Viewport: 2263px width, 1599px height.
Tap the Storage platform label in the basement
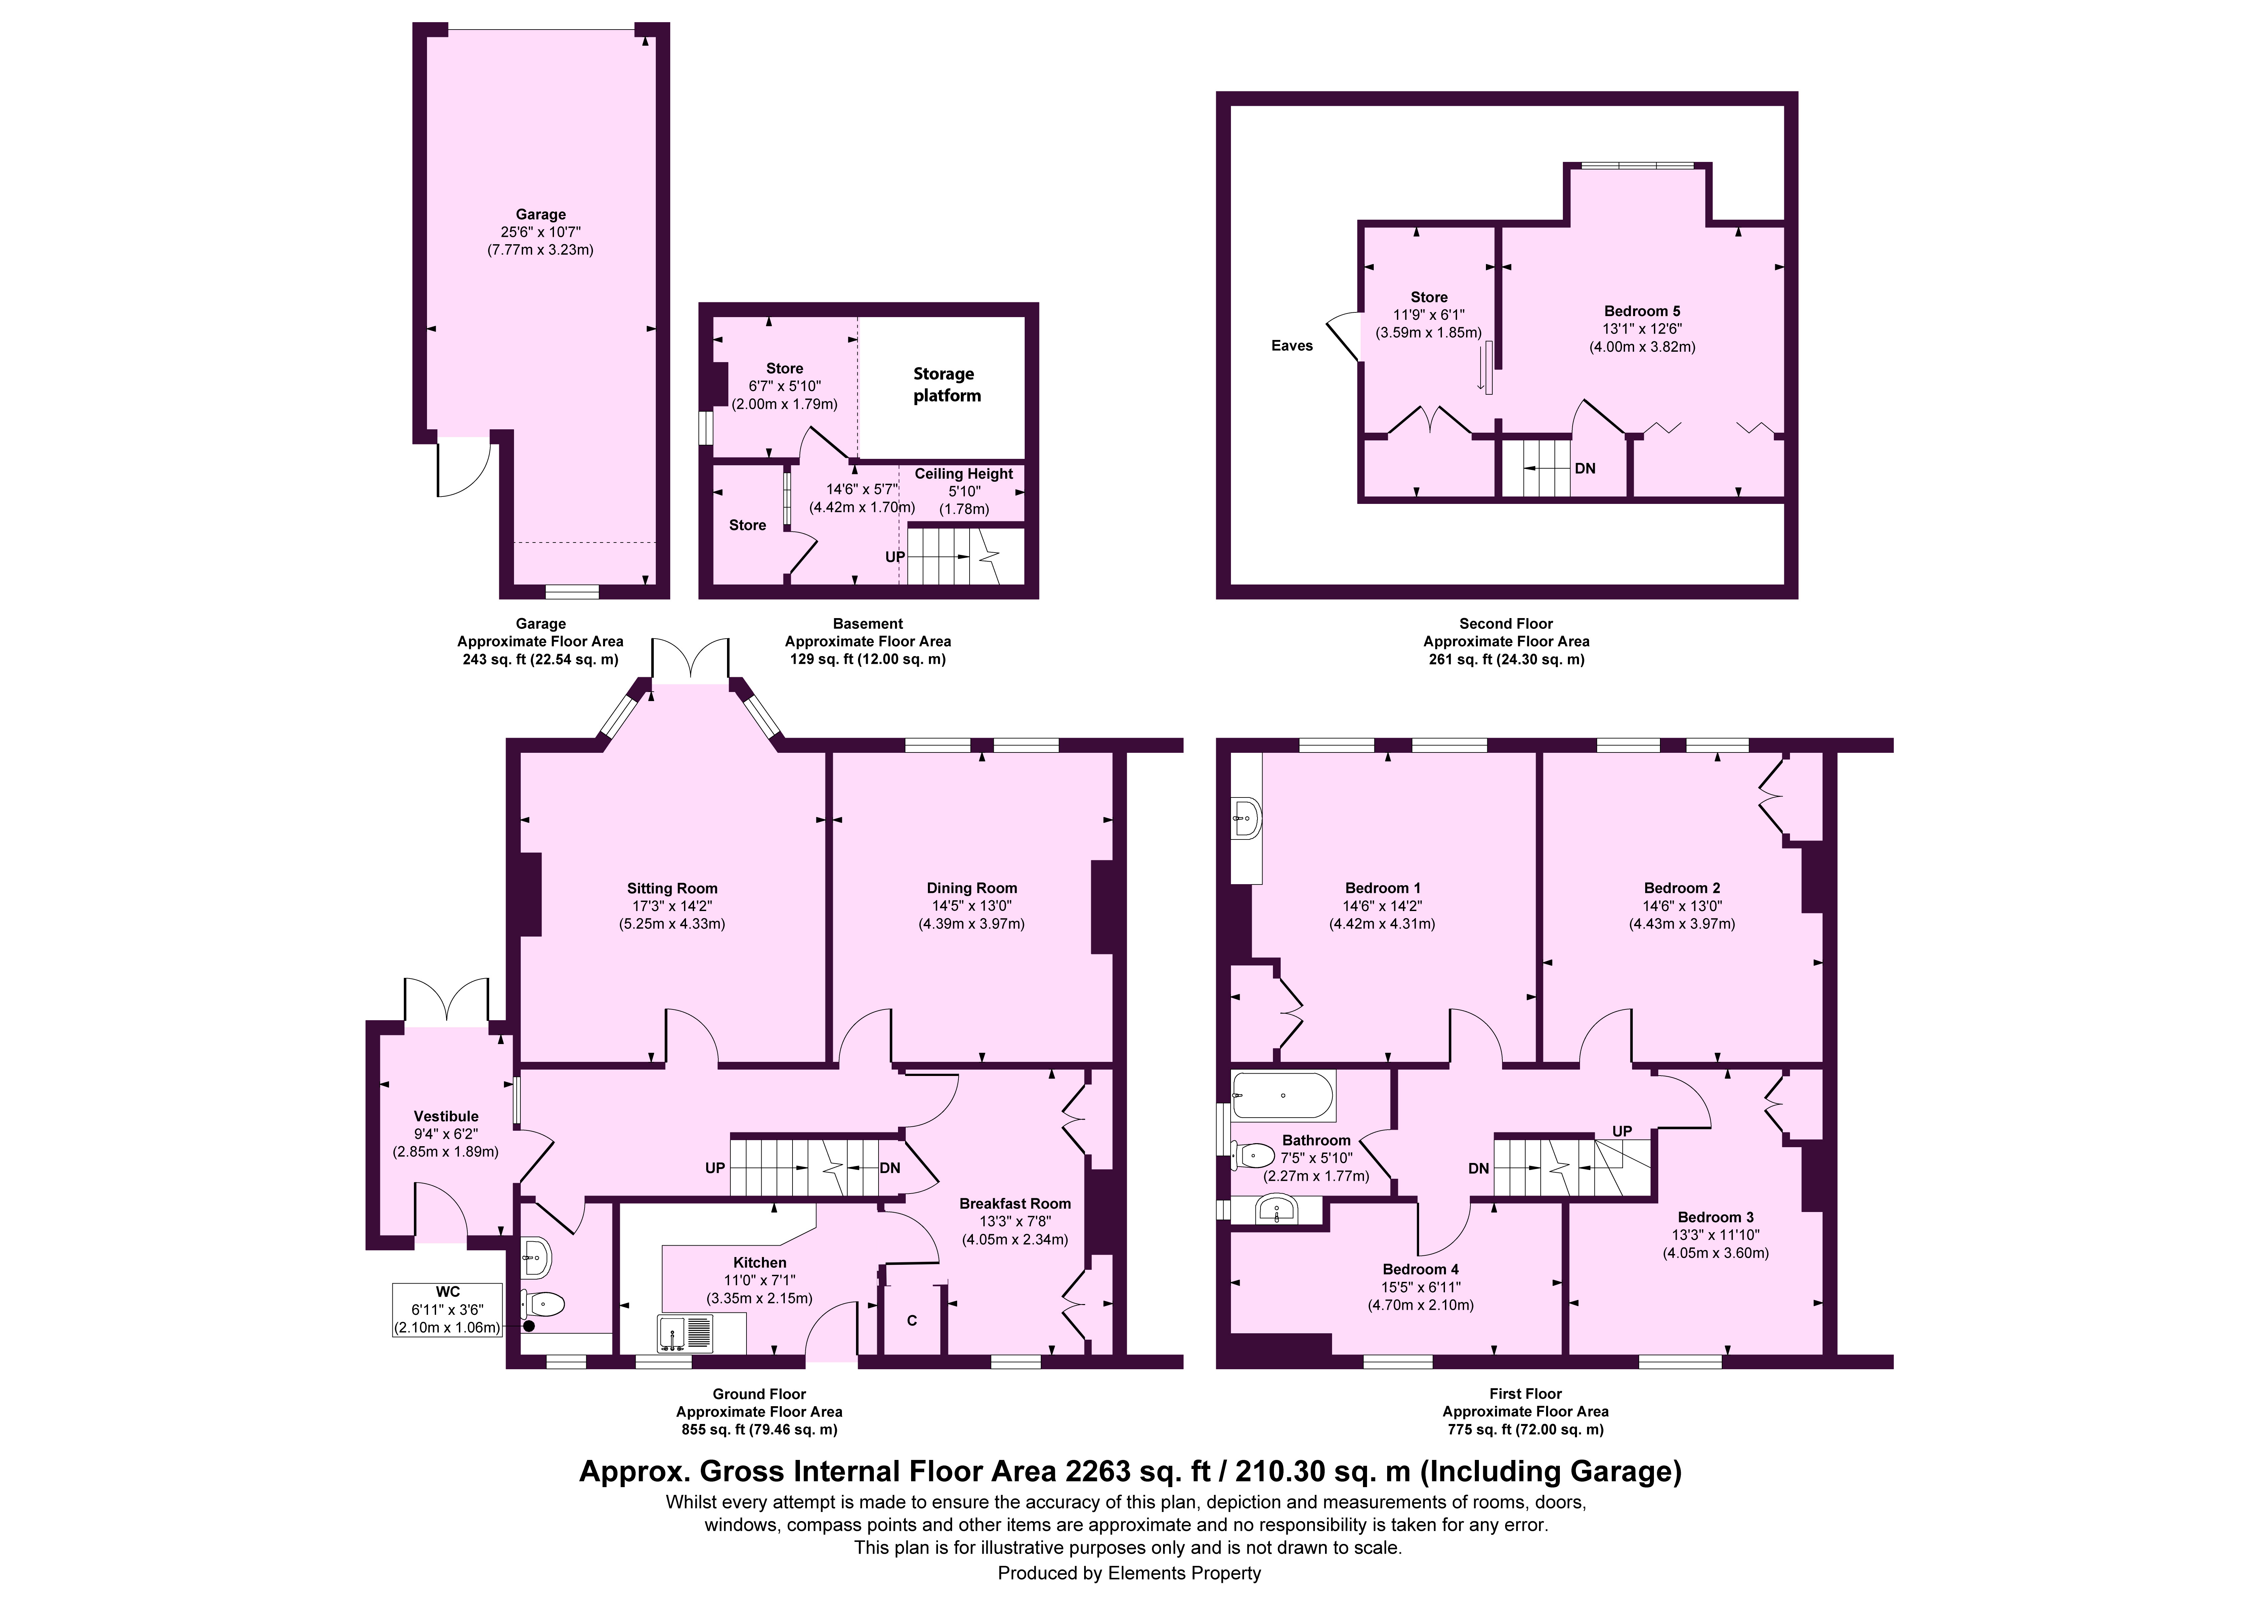[x=946, y=385]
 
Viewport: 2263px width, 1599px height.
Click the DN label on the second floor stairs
[x=1585, y=468]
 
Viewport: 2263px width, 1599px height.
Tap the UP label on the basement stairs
[x=895, y=557]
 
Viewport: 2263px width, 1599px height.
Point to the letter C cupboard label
[x=912, y=1320]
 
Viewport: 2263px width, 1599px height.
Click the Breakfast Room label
[x=1015, y=1204]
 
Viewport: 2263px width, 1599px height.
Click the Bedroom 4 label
[x=1420, y=1270]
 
